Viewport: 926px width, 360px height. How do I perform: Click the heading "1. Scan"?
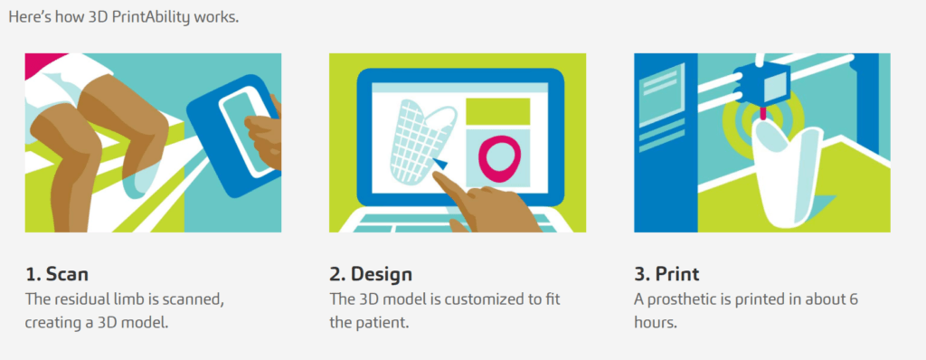click(57, 274)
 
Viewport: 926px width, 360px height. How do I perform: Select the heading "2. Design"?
click(371, 275)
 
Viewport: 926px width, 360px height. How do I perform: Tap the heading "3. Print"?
click(666, 274)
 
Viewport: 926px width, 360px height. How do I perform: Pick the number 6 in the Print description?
click(854, 299)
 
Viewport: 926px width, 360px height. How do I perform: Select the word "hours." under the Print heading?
click(656, 324)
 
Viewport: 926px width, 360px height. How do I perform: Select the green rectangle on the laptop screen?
click(498, 111)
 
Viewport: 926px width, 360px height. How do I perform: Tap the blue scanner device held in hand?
click(233, 136)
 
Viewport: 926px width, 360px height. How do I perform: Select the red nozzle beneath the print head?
click(762, 113)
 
